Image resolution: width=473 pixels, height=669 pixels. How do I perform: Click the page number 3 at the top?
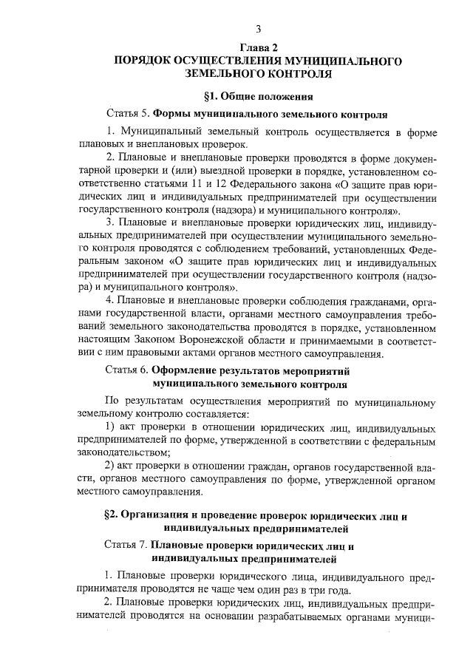(259, 29)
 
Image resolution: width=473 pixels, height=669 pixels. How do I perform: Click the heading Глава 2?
(258, 47)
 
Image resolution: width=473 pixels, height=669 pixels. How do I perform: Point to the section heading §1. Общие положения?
(258, 96)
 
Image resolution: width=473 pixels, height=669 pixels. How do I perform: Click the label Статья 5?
(129, 115)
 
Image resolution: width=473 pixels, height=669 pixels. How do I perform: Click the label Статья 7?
(129, 546)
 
